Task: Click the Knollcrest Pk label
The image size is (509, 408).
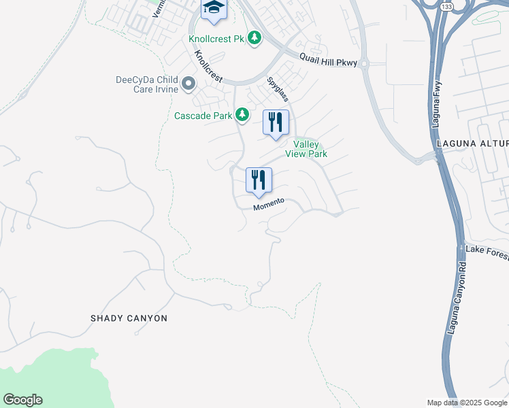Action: point(216,39)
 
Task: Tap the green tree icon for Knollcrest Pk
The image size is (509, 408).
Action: point(255,37)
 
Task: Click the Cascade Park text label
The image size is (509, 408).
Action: point(203,116)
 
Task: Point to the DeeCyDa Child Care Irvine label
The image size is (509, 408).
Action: point(147,84)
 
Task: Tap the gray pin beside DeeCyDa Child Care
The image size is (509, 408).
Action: point(188,85)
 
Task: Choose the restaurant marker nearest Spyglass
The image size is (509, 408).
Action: point(276,123)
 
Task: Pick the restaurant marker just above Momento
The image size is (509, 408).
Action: point(259,181)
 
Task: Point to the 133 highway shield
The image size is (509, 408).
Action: point(446,6)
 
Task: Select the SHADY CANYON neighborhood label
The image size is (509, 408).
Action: point(129,318)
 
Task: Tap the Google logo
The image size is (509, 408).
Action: point(22,400)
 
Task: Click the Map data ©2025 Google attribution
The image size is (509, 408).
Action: point(467,403)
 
